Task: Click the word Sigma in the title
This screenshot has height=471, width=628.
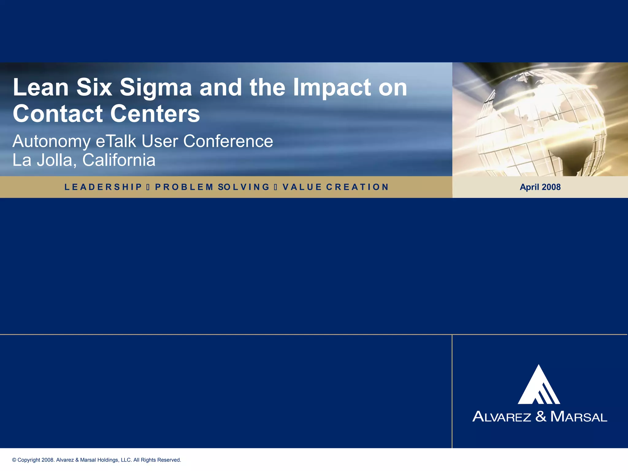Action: [156, 88]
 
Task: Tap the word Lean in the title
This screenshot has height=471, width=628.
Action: [41, 87]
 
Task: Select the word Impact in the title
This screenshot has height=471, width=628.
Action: [332, 88]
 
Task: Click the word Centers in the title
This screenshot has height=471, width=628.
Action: [155, 114]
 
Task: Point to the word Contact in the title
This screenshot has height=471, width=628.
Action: [58, 114]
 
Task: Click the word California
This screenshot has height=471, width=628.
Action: [119, 160]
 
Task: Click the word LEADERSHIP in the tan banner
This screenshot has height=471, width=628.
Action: [103, 187]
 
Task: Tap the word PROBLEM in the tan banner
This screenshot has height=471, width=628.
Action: [184, 187]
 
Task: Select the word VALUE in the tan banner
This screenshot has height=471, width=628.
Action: [302, 187]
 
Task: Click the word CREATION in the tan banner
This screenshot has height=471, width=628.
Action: [357, 187]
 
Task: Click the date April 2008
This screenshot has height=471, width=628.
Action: [540, 187]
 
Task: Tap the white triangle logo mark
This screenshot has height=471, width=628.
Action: [539, 386]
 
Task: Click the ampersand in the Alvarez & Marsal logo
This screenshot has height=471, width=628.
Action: [541, 416]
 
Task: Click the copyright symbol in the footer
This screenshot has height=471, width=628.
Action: [14, 460]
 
